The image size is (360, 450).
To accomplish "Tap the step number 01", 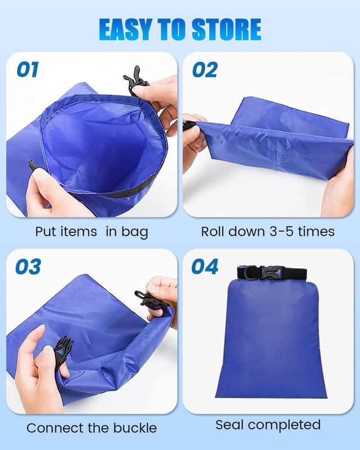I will [28, 70].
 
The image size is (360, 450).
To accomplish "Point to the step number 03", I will [28, 267].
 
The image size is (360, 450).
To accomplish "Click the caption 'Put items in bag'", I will [92, 232].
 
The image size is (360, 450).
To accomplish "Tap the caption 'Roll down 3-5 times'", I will [268, 231].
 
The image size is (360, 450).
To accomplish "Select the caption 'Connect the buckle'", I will [92, 428].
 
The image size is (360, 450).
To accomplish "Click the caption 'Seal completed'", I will [268, 425].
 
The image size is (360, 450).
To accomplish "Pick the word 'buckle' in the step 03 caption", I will [134, 428].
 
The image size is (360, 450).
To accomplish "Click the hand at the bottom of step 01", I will [53, 194].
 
